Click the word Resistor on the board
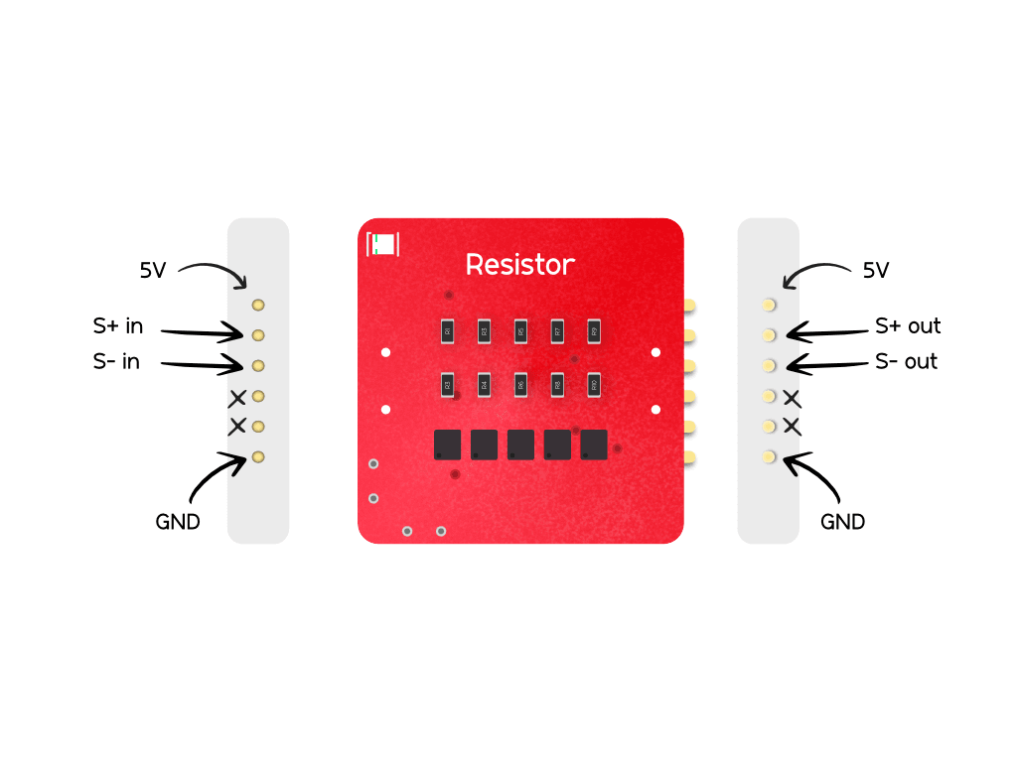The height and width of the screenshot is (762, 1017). pyautogui.click(x=519, y=265)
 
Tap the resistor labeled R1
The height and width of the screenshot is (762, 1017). pyautogui.click(x=447, y=329)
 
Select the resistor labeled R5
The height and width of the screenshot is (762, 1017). pyautogui.click(x=520, y=329)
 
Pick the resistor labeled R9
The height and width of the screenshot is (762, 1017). pyautogui.click(x=594, y=329)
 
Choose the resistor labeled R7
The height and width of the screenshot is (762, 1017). pyautogui.click(x=557, y=329)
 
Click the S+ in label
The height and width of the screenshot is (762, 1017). pyautogui.click(x=118, y=326)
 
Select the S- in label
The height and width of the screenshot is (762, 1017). pyautogui.click(x=117, y=362)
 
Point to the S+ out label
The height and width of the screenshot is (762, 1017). pyautogui.click(x=908, y=326)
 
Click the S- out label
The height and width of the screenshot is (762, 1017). pyautogui.click(x=906, y=362)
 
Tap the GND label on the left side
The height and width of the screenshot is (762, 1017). pyautogui.click(x=178, y=521)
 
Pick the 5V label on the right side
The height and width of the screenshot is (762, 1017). pyautogui.click(x=875, y=271)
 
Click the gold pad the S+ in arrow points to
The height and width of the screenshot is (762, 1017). pyautogui.click(x=258, y=335)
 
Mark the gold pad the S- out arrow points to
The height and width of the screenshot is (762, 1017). pyautogui.click(x=768, y=366)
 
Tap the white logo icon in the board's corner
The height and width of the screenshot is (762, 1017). pyautogui.click(x=383, y=244)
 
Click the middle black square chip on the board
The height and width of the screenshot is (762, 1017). pyautogui.click(x=520, y=444)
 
